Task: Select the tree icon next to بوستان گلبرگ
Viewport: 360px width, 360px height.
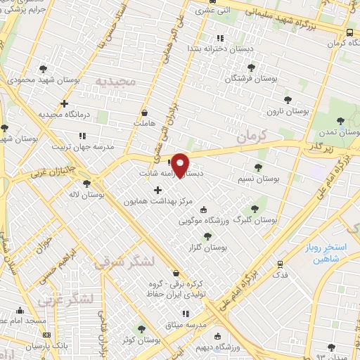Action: click(255, 209)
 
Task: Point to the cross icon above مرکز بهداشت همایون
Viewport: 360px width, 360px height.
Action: click(157, 190)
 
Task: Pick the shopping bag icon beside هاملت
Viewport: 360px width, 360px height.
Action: click(145, 112)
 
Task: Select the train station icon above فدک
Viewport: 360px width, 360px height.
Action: click(281, 264)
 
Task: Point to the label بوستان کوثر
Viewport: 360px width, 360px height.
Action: click(141, 340)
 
